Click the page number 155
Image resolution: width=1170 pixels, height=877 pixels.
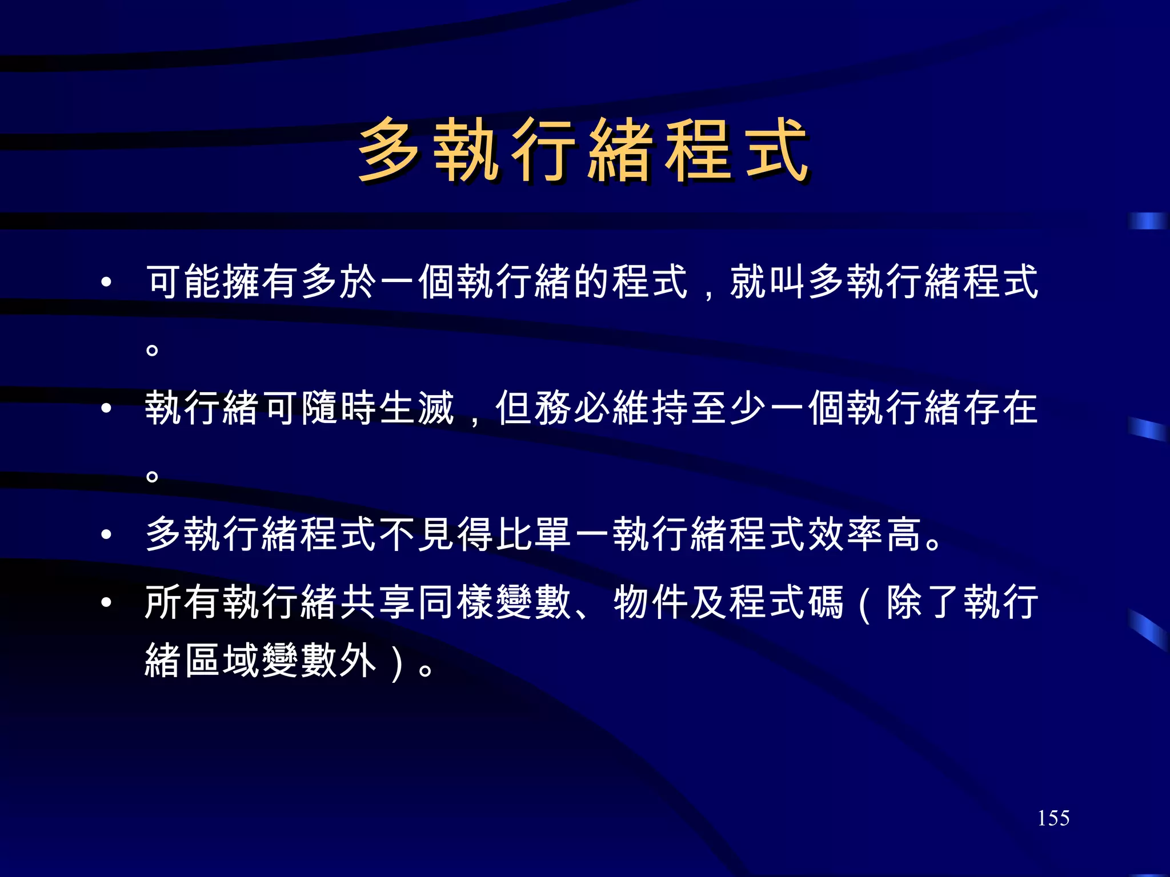point(1053,818)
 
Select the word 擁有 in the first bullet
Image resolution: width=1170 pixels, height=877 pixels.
point(262,281)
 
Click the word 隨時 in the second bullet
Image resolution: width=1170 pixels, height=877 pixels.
point(339,408)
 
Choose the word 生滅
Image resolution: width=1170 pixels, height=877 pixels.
point(417,408)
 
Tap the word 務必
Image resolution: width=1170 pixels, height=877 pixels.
point(573,408)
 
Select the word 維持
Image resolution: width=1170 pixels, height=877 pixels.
point(651,408)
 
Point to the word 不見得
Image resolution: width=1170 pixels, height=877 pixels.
point(436,534)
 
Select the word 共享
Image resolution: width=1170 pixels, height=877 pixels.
point(378,602)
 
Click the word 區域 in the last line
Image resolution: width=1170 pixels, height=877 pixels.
point(223,661)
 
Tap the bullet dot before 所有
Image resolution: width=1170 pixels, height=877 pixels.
point(106,603)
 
